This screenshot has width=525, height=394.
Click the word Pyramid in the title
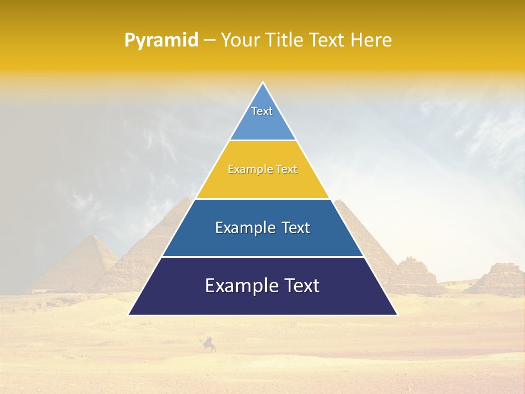[x=161, y=40]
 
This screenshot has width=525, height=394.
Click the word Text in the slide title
[x=328, y=40]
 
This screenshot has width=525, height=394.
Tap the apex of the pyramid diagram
[x=263, y=83]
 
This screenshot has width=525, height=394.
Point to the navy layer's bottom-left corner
[x=129, y=315]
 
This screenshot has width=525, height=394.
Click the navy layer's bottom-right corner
[x=397, y=315]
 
